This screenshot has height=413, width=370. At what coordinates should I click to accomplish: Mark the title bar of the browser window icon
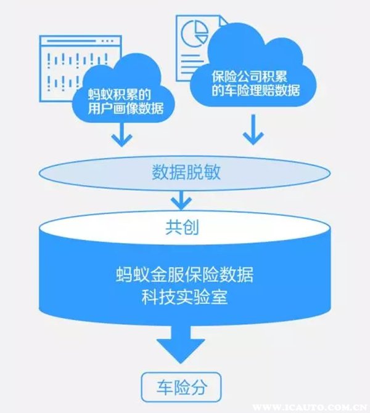click(x=74, y=41)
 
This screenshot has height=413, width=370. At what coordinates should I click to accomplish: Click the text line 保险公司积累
click(x=255, y=76)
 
